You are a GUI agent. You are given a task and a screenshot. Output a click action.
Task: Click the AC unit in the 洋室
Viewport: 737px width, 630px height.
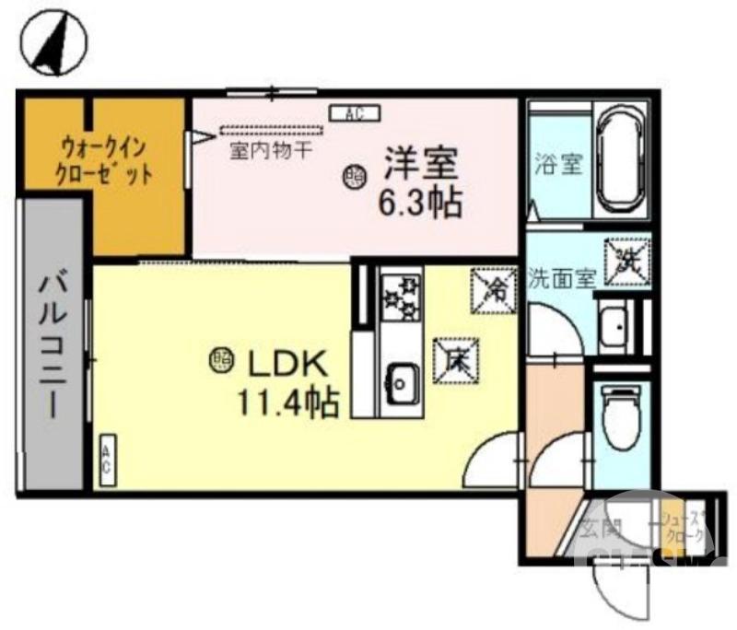pos(350,114)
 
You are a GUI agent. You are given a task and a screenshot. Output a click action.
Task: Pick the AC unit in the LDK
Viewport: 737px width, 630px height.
pos(107,459)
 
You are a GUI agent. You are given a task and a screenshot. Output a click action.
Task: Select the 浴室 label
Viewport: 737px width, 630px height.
pos(558,166)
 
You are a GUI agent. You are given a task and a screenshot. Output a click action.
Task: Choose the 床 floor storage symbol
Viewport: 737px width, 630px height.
pos(456,359)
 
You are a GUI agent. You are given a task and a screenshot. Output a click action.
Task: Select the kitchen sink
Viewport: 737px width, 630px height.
pos(401,379)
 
